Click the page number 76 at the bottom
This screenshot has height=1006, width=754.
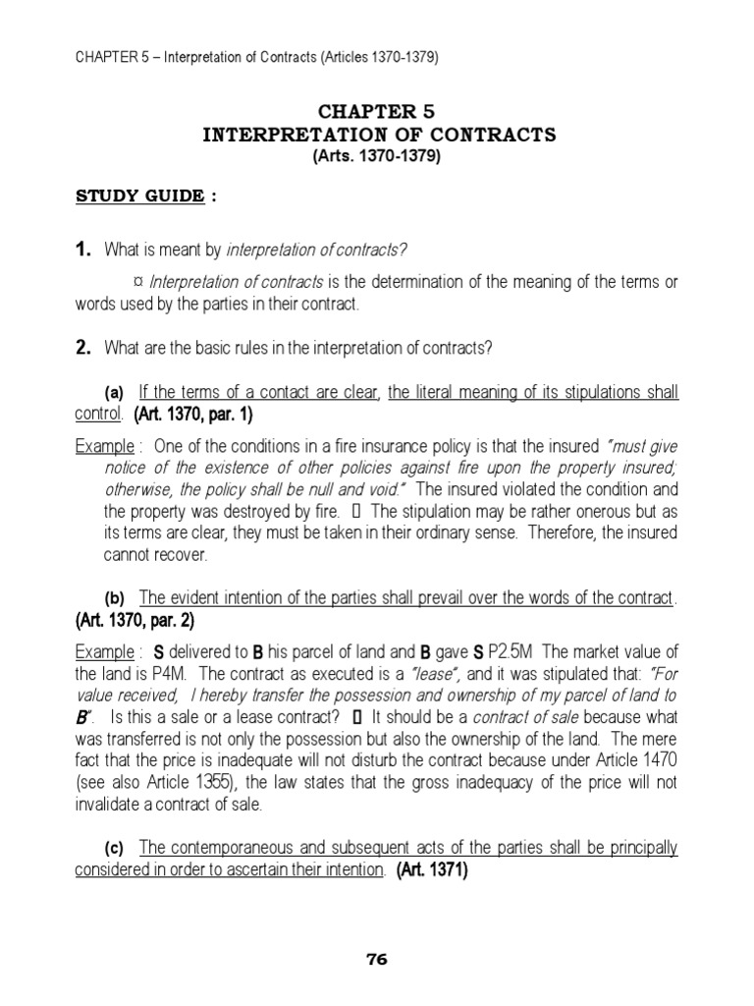377,960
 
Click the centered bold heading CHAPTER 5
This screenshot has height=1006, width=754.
379,112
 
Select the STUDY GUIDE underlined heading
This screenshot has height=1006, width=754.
140,196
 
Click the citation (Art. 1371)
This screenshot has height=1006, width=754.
433,869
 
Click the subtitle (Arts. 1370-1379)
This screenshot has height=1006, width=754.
378,156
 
